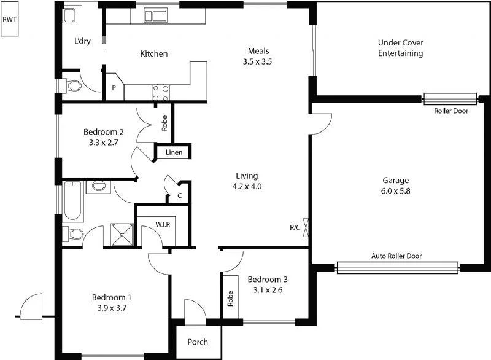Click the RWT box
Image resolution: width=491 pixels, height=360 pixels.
[10, 20]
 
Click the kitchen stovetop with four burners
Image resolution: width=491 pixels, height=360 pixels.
[160, 93]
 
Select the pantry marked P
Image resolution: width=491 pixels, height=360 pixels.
[114, 88]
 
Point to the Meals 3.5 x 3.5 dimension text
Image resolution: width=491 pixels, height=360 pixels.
[258, 61]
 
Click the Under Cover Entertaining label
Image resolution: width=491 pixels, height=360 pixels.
[400, 48]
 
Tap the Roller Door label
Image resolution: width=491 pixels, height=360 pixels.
[450, 111]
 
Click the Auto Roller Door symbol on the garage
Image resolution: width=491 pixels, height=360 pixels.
[398, 267]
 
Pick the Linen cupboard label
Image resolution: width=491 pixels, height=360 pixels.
[174, 152]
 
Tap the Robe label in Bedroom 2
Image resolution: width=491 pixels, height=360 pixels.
[164, 125]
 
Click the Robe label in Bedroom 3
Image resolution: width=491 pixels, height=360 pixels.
[230, 299]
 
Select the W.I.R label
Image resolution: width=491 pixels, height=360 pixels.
[162, 224]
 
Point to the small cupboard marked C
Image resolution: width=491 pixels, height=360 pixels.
[179, 196]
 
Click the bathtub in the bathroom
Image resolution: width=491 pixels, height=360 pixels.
[74, 200]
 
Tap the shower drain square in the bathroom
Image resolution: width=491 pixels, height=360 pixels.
[121, 234]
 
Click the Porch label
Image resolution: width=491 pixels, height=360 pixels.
[197, 342]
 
